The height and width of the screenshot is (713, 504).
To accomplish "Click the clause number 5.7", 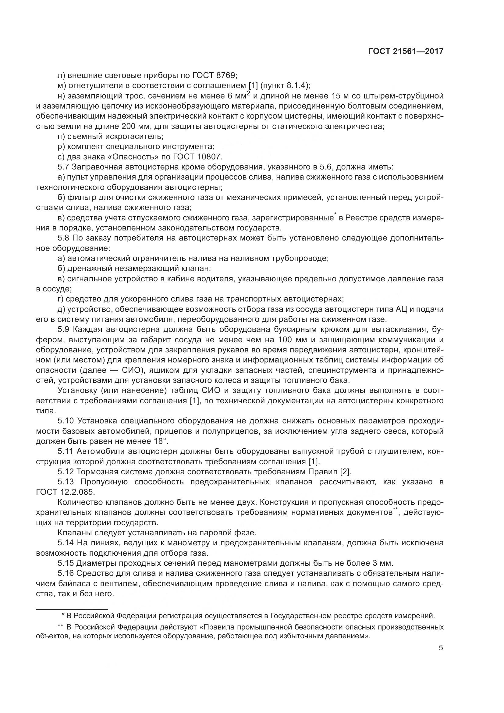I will click(x=64, y=167).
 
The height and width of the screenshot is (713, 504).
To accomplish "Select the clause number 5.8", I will click(x=64, y=238).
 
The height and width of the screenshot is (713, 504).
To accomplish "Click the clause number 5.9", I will click(x=64, y=329).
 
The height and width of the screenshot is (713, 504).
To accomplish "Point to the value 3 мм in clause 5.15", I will click(x=382, y=563).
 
